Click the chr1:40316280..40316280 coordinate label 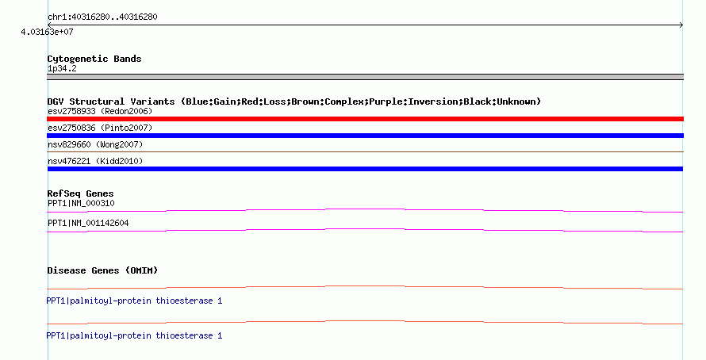[102, 17]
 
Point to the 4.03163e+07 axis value [47, 32]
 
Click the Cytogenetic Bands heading [94, 59]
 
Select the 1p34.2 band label [62, 69]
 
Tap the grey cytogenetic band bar [365, 77]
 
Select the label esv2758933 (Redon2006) [100, 111]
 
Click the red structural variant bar [365, 119]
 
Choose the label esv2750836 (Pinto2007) [100, 128]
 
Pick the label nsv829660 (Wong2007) [95, 144]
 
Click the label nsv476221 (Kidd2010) [95, 161]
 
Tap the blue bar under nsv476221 [365, 169]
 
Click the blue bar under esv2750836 [365, 136]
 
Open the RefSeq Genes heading [81, 194]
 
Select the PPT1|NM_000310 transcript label [81, 204]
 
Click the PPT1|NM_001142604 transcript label [88, 223]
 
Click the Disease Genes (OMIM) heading [102, 270]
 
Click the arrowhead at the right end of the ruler [681, 25]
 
